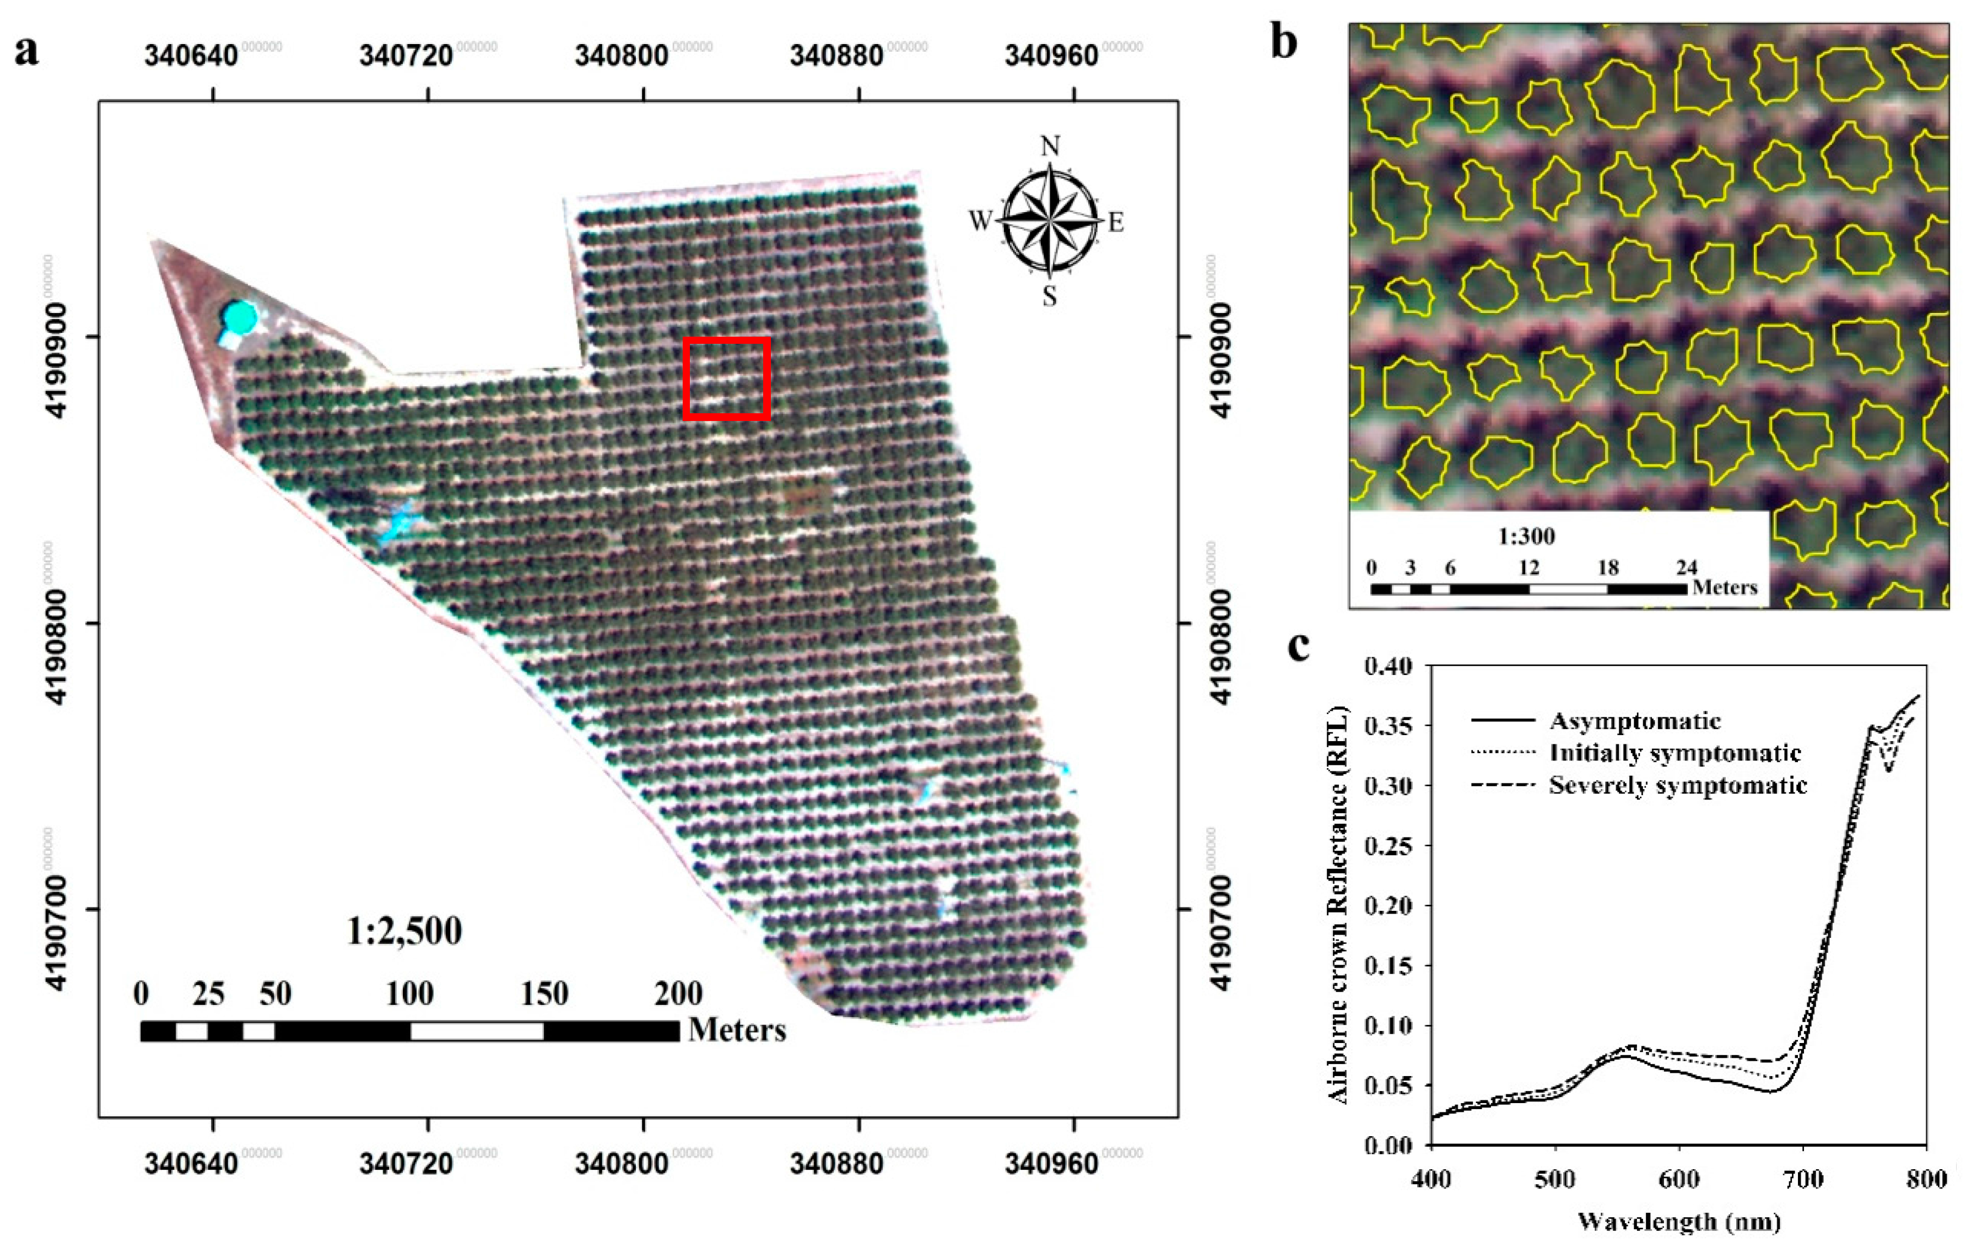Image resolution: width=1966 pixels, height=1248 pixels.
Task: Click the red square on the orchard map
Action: [x=726, y=379]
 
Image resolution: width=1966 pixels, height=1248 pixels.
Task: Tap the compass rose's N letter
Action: [x=1050, y=147]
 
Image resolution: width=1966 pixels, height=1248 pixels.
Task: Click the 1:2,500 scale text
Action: [x=404, y=931]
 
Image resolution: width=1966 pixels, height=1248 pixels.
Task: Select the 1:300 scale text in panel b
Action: [x=1526, y=536]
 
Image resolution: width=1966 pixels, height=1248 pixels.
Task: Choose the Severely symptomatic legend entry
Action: [x=1678, y=786]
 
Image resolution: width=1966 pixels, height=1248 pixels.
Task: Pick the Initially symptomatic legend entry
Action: [x=1676, y=753]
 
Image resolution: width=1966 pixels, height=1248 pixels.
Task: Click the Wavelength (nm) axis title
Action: [x=1678, y=1222]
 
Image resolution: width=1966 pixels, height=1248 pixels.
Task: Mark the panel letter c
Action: [x=1298, y=646]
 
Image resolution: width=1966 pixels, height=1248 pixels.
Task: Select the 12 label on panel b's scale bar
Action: [x=1528, y=568]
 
